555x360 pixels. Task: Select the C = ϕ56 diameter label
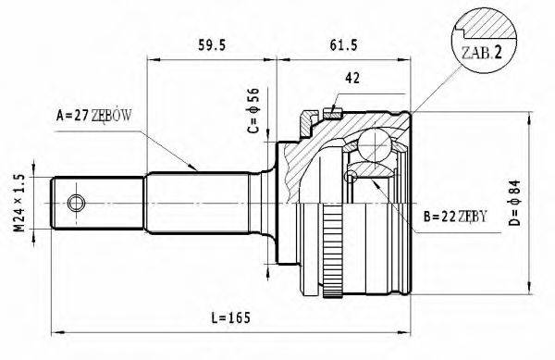point(252,109)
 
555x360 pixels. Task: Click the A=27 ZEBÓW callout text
point(94,116)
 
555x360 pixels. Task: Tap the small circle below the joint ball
point(351,176)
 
